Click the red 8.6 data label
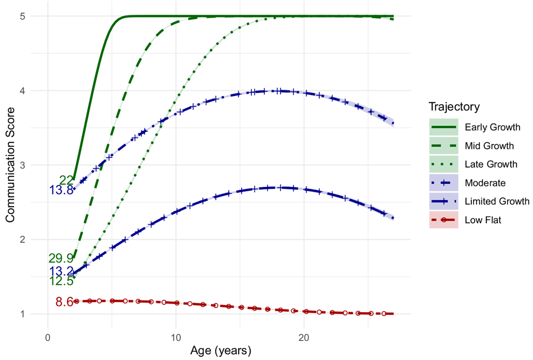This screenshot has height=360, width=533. pyautogui.click(x=64, y=302)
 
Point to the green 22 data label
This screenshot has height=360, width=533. pyautogui.click(x=66, y=180)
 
